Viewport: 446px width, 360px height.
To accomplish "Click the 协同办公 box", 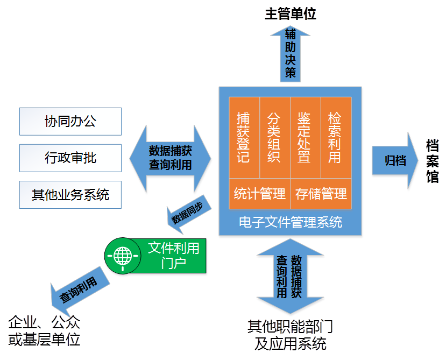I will point(70,121).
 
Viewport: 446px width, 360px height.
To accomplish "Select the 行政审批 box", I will point(70,158).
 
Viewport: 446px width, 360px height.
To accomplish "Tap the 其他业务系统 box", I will point(70,194).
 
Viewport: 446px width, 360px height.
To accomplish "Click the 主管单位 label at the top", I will point(290,14).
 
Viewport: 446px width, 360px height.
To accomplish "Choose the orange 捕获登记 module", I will point(244,137).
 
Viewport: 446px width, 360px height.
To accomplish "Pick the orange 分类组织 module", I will point(274,137).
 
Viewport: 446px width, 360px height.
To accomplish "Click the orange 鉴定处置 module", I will point(305,137).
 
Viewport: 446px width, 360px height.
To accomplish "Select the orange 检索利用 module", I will point(336,137).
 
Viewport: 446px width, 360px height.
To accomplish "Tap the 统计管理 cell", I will point(259,194).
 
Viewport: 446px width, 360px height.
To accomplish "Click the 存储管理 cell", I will point(321,194).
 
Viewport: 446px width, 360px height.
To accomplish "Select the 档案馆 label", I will point(432,161).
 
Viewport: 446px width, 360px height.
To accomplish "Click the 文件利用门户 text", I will point(173,255).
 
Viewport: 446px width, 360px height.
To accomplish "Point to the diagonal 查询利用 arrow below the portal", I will point(76,289).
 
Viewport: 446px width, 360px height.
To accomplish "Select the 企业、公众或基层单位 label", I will point(44,331).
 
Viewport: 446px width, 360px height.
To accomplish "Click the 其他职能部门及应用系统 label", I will point(291,335).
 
